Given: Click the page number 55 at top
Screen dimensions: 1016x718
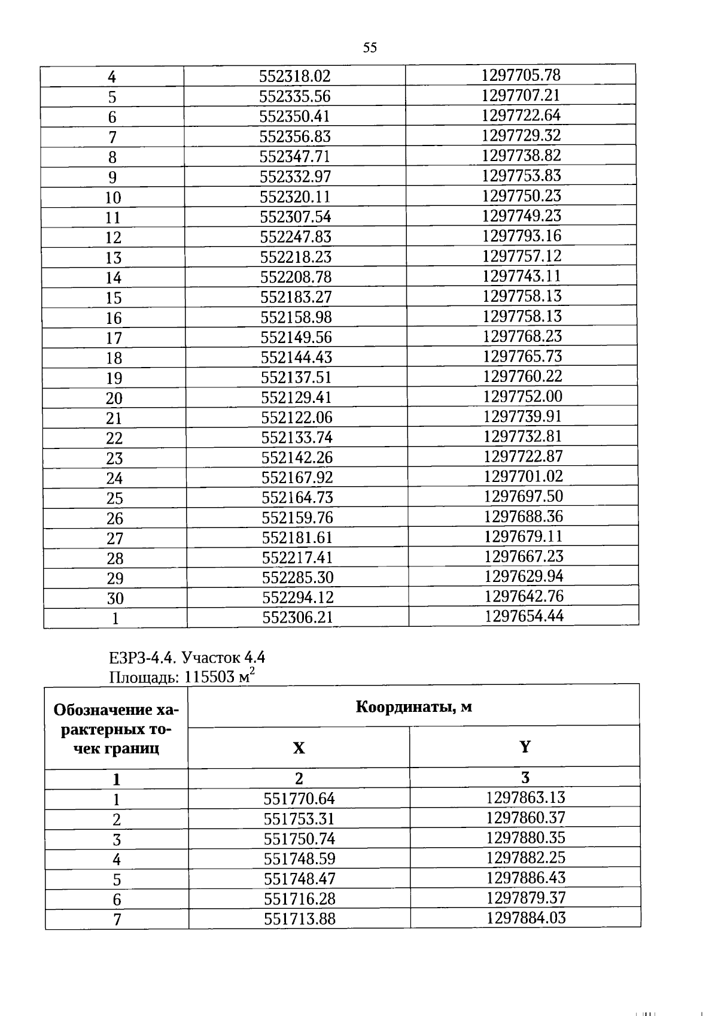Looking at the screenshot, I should click(370, 48).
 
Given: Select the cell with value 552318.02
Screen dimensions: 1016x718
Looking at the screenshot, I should click(294, 76).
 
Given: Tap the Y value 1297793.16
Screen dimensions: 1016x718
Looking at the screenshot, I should click(522, 236).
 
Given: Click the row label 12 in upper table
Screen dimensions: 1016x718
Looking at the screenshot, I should click(113, 238).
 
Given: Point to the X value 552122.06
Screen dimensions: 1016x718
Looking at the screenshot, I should click(296, 417).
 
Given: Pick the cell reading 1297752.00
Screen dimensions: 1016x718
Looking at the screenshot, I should click(523, 396).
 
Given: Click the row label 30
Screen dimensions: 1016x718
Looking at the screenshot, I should click(115, 598).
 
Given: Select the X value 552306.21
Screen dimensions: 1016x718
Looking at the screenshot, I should click(297, 617).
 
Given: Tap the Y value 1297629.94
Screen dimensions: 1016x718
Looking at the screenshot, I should click(524, 576).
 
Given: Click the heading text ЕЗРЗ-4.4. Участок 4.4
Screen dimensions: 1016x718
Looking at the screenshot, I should click(187, 657).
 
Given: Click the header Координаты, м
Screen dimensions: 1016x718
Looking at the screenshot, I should click(413, 706).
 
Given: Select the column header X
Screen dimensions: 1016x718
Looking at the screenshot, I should click(299, 748).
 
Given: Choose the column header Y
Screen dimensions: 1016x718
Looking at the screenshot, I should click(525, 747).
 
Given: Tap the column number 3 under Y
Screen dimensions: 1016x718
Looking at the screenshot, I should click(525, 778).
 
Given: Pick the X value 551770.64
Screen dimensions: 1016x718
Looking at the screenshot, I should click(299, 799).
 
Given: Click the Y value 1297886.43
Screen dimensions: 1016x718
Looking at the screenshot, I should click(525, 878).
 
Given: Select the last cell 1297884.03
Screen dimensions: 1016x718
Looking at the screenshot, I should click(526, 918).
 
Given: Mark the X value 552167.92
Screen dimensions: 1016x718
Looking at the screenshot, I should click(297, 478).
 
